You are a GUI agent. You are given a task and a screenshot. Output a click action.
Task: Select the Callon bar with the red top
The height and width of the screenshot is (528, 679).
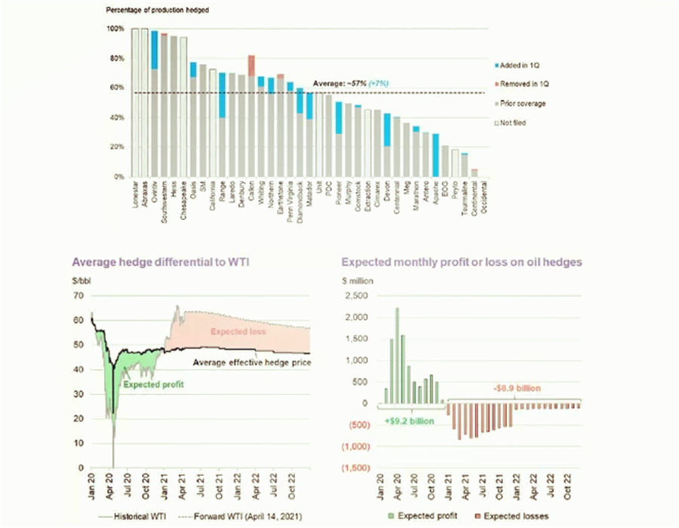(251, 121)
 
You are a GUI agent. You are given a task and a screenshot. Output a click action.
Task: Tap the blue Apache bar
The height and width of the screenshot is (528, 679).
(435, 155)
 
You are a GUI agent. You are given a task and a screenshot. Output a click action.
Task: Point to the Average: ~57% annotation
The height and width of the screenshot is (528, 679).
(339, 84)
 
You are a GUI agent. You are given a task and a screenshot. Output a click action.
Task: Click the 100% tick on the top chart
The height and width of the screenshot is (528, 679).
(115, 29)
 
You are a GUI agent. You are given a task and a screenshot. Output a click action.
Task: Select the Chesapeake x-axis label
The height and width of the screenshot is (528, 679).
(183, 198)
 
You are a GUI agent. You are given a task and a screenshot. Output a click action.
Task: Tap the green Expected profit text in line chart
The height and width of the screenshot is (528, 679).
(153, 384)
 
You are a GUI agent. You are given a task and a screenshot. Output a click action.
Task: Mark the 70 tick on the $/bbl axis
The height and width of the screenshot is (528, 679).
(78, 296)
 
